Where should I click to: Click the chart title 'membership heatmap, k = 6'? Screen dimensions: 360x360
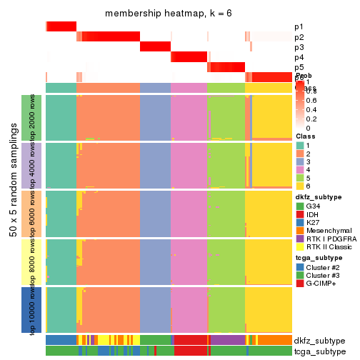click(169, 14)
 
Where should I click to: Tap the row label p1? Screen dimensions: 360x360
click(299, 27)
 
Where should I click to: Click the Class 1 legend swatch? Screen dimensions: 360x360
click(300, 146)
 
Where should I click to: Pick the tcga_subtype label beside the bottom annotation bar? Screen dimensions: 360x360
click(319, 351)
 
